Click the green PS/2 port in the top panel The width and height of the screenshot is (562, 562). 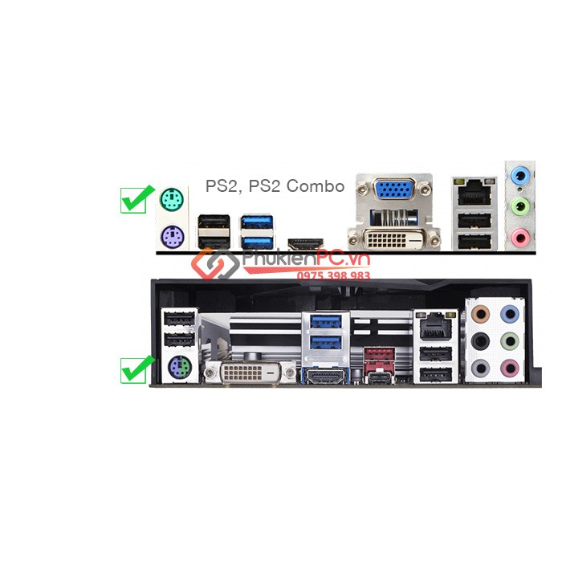click(x=169, y=198)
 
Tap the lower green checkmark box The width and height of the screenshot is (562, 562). click(x=132, y=369)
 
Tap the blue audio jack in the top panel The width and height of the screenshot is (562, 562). click(x=520, y=174)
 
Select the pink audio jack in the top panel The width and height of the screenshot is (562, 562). click(x=520, y=237)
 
